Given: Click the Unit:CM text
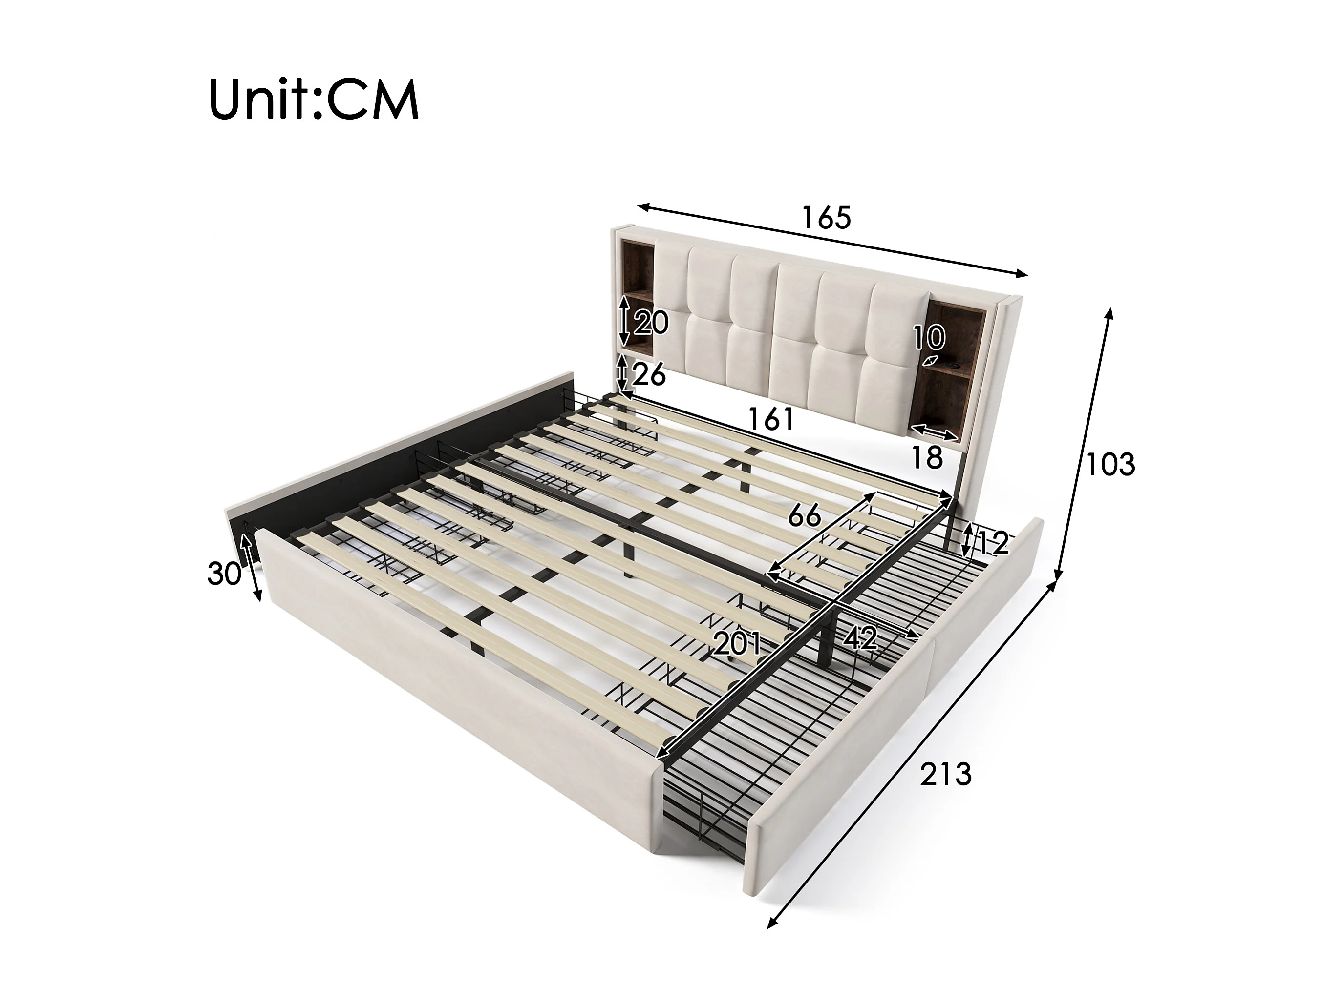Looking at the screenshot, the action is pyautogui.click(x=314, y=100).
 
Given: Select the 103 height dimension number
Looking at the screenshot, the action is pyautogui.click(x=1110, y=465).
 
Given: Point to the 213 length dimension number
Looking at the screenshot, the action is pyautogui.click(x=945, y=774).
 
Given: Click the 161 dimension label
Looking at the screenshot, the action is pyautogui.click(x=771, y=419).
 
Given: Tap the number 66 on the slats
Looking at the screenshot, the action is pyautogui.click(x=805, y=516).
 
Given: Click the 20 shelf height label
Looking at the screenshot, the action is pyautogui.click(x=651, y=322).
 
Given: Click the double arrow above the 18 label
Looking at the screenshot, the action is pyautogui.click(x=935, y=432).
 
